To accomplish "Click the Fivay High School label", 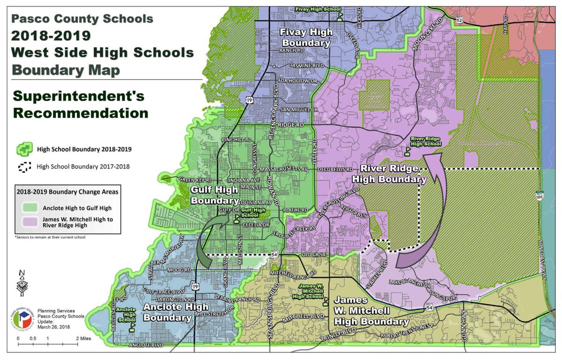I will pyautogui.click(x=317, y=9).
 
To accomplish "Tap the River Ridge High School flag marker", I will pyautogui.click(x=407, y=152).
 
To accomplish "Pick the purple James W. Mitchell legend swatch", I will pyautogui.click(x=28, y=222).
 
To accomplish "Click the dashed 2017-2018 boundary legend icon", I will pyautogui.click(x=24, y=166).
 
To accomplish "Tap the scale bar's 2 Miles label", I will pyautogui.click(x=82, y=338).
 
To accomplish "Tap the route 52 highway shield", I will pyautogui.click(x=459, y=20).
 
